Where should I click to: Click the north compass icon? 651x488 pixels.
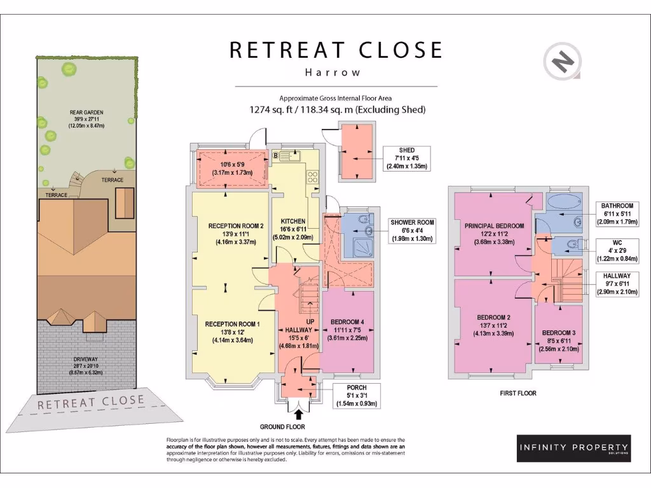(563, 63)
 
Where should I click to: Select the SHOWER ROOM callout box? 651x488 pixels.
(413, 231)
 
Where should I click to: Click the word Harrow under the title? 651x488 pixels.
(332, 72)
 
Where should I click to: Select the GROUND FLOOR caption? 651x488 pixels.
(282, 427)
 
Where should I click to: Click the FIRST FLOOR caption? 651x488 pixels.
(517, 393)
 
